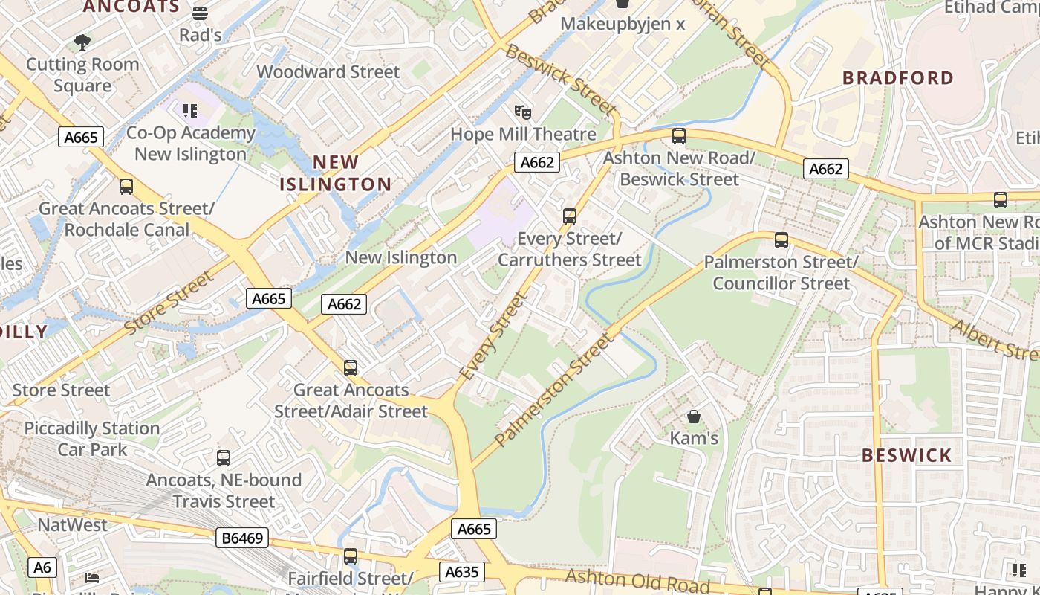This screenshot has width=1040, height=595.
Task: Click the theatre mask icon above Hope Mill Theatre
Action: click(523, 112)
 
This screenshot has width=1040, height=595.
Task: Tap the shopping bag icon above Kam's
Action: click(693, 416)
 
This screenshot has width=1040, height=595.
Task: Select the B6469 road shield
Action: click(243, 538)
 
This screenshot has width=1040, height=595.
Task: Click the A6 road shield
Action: click(42, 567)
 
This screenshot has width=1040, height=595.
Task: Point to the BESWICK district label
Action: click(906, 455)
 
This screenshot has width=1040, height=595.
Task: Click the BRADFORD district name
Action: click(899, 78)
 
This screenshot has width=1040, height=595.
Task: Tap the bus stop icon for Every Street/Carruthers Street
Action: click(570, 216)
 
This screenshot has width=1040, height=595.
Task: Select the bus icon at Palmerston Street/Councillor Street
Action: click(781, 239)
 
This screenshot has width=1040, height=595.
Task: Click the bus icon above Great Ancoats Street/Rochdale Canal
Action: click(126, 187)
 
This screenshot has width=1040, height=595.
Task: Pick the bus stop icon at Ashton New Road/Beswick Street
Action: click(678, 136)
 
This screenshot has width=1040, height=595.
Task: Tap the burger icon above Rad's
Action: click(200, 13)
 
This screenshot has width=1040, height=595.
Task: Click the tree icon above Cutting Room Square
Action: click(82, 42)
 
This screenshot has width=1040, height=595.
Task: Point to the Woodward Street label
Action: click(328, 72)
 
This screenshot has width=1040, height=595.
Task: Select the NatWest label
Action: click(72, 524)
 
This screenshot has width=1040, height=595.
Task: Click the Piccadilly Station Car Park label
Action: click(92, 439)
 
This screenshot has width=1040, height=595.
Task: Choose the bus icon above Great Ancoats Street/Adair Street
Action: click(351, 367)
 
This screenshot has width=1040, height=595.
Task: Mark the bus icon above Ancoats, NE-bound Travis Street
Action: click(224, 458)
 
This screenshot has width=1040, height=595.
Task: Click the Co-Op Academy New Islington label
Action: click(191, 144)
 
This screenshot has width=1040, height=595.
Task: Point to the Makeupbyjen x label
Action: click(623, 24)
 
